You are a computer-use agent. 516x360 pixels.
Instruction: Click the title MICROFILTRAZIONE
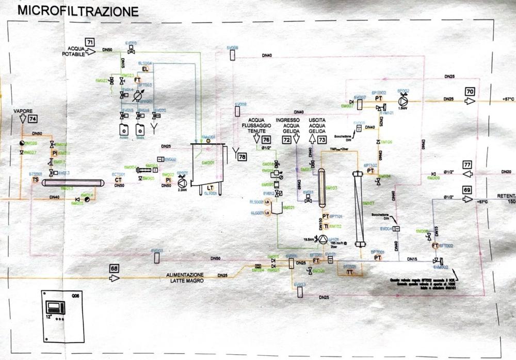[x=78, y=10]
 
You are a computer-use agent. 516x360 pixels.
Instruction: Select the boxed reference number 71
[x=90, y=41]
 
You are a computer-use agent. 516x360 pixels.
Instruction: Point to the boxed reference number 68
[x=114, y=268]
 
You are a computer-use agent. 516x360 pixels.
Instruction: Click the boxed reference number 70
[x=470, y=91]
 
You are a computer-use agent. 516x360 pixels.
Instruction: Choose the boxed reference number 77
[x=467, y=165]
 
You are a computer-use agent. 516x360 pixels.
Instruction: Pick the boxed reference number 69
[x=467, y=189]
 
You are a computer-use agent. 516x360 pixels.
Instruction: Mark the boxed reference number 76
[x=266, y=139]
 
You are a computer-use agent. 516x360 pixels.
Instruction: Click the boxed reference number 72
[x=287, y=139]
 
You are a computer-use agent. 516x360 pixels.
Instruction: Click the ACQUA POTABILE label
[x=74, y=51]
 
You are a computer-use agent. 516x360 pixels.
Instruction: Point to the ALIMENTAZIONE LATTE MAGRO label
[x=184, y=277]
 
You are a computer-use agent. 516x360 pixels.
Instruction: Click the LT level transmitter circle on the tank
[x=211, y=187]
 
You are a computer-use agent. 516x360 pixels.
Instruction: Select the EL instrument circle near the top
[x=145, y=69]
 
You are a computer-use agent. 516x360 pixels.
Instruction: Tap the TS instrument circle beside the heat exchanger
[x=36, y=179]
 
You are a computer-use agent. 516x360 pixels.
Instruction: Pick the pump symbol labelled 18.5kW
[x=322, y=239]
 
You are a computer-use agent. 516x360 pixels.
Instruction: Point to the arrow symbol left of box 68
[x=114, y=278]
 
